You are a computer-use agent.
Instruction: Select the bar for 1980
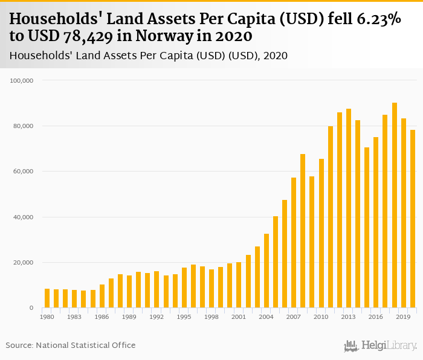point(47,298)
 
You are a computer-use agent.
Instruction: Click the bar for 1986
point(102,296)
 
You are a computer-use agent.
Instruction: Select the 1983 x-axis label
point(74,317)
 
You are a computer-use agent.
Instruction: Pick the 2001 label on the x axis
point(239,317)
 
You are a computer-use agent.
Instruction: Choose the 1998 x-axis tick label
point(211,317)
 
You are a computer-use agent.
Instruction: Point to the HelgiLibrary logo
point(381,346)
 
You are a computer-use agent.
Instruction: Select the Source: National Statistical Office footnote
point(71,345)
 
